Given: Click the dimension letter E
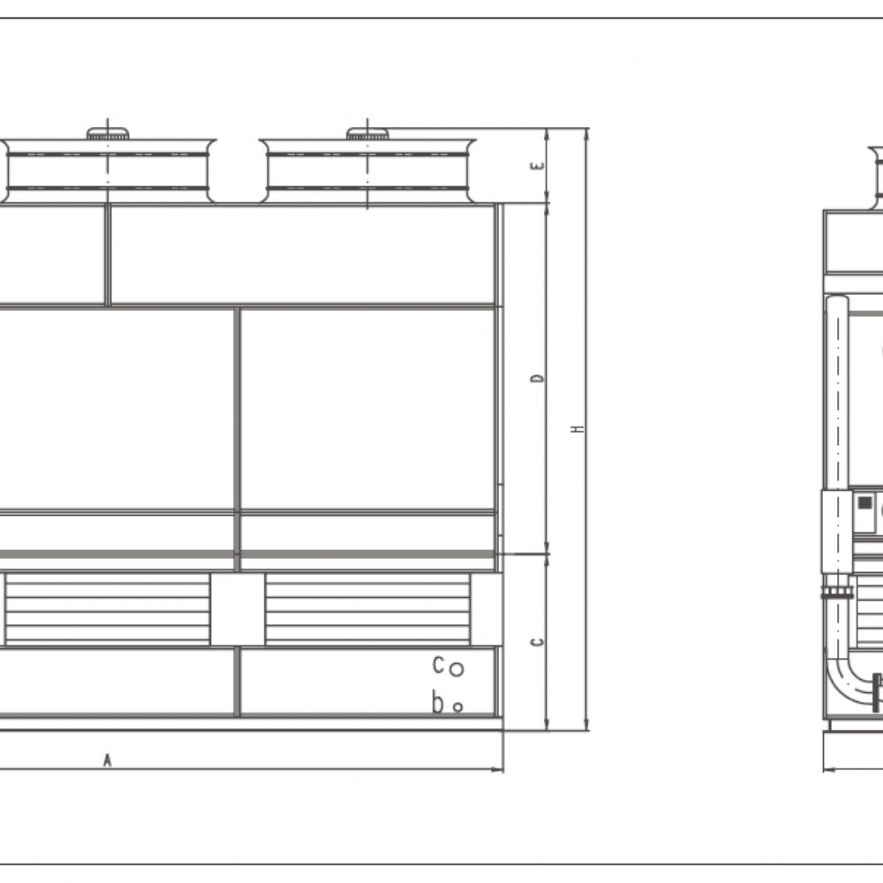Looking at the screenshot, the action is point(539,166).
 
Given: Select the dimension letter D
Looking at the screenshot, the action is point(539,378).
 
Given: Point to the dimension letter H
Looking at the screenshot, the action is point(577,428).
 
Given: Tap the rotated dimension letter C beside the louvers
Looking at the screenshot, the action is point(539,641).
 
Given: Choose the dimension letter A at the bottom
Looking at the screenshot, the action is point(107,760).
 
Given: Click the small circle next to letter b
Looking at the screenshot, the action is point(457,706).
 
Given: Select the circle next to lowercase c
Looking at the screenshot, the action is point(457,668).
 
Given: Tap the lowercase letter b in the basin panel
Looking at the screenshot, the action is point(438,702).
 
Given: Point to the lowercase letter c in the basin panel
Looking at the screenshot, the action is point(438,665).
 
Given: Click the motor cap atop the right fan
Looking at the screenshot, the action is point(367,133).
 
